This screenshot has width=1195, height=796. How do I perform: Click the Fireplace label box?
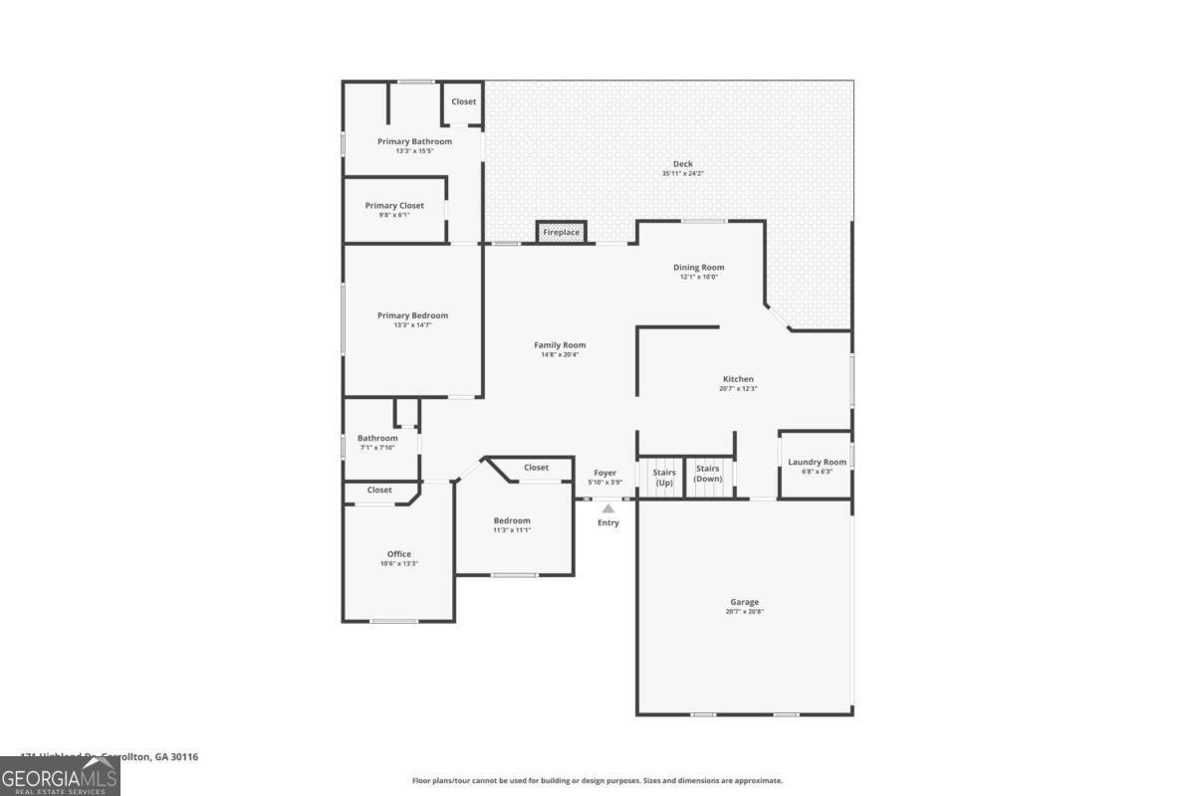coord(561,233)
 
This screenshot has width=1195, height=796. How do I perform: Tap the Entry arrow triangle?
coord(607,508)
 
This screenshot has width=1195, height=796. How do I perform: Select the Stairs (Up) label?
coord(664,477)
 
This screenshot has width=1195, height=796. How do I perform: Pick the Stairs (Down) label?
coord(708,474)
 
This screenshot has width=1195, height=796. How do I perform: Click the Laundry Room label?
coord(817,462)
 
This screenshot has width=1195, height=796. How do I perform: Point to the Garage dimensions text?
coord(744,612)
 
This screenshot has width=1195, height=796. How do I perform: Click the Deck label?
coord(682,164)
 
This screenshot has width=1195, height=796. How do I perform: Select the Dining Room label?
coord(698,267)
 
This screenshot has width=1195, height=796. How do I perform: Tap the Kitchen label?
coord(738,379)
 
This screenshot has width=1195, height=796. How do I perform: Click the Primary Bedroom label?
coord(412,315)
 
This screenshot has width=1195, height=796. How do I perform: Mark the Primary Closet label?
coord(394,206)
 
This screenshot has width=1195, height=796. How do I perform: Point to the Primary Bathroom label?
coord(414,141)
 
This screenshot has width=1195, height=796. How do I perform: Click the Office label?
coord(398,554)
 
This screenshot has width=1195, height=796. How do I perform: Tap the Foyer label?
coord(605,473)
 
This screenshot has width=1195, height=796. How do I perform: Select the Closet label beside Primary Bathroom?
coord(464,101)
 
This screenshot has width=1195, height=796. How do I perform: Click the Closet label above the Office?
coord(379,490)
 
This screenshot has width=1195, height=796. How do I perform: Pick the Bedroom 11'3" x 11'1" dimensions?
coord(512,530)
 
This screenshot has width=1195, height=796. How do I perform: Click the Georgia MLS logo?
coord(60,776)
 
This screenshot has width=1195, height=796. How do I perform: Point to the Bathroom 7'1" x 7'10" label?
coord(377,438)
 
